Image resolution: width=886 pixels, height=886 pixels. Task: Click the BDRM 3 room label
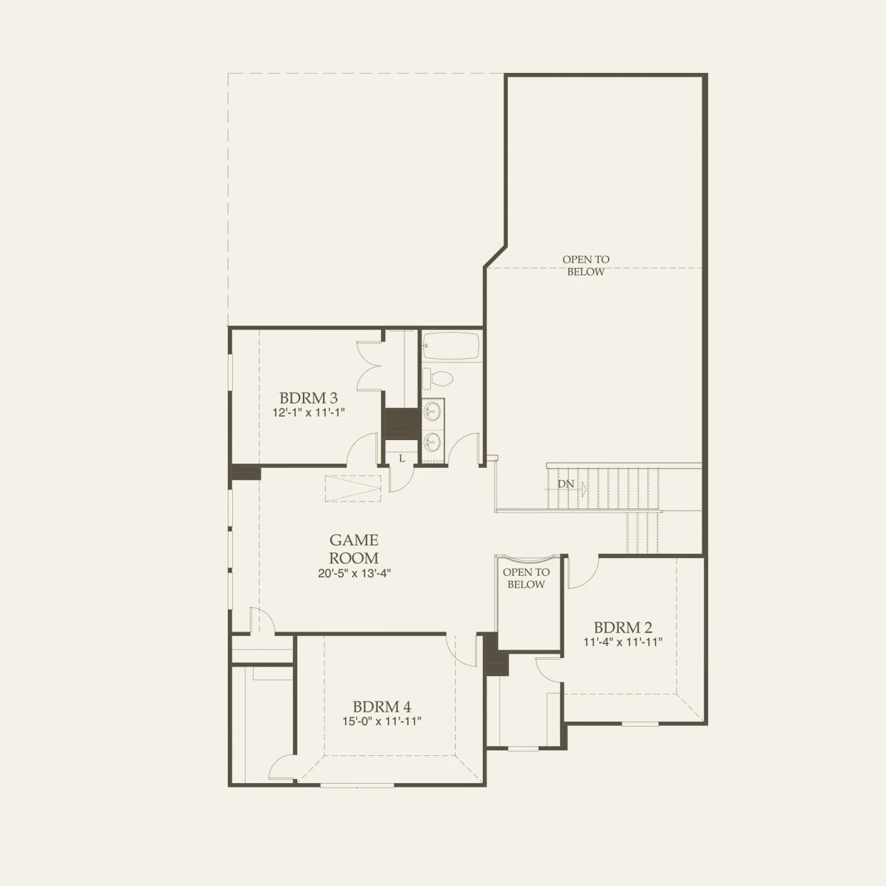(x=308, y=398)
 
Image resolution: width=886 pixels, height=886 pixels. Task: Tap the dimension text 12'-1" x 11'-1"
(x=308, y=412)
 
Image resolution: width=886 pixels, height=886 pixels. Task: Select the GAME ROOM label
(x=354, y=549)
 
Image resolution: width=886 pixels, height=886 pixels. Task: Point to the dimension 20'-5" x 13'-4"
(x=354, y=572)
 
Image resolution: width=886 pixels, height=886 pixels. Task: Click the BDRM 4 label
(x=382, y=707)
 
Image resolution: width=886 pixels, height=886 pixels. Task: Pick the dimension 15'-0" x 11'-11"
(x=382, y=722)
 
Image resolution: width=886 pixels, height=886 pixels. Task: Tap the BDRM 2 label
(x=622, y=627)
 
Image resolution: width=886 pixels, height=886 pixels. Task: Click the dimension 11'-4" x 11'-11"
(x=622, y=642)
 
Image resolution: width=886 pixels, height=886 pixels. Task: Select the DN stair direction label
(x=566, y=484)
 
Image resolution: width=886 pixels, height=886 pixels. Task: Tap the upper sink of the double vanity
(x=432, y=411)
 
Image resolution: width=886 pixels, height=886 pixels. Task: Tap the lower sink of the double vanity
(x=432, y=441)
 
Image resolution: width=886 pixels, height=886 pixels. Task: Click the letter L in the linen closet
(x=402, y=458)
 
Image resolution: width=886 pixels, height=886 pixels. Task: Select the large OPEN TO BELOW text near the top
(x=586, y=266)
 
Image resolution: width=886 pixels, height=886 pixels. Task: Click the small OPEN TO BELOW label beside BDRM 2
(x=527, y=578)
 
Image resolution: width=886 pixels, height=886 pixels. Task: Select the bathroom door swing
(x=466, y=450)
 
